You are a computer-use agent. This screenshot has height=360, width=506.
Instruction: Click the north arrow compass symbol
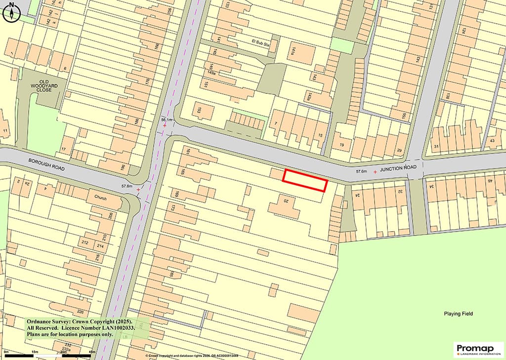tap(11, 12)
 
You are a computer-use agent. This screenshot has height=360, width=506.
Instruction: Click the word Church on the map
tap(97, 198)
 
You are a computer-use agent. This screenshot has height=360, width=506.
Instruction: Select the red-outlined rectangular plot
tap(305, 180)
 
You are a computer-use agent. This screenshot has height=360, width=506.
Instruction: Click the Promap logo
tap(478, 349)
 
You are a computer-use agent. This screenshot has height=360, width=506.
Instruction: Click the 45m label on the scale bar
tap(92, 352)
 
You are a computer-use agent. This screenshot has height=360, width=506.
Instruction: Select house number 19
tap(341, 145)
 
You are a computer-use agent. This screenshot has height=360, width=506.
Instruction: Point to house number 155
tap(404, 116)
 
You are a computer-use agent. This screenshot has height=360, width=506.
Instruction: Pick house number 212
tap(85, 242)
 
